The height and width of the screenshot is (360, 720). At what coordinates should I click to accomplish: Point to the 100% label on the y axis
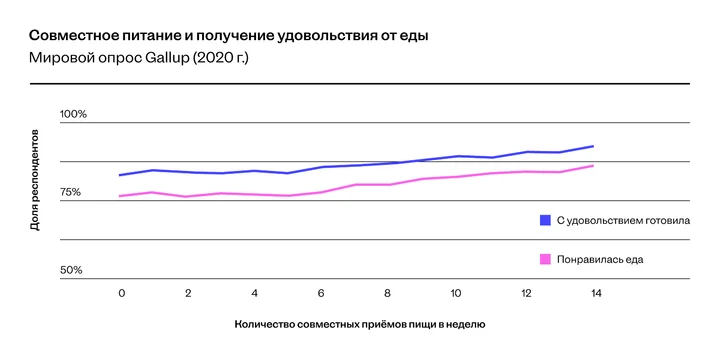point(74,114)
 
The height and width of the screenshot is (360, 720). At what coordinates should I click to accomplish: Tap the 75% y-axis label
point(71,192)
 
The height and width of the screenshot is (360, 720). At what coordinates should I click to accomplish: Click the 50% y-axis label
point(71,270)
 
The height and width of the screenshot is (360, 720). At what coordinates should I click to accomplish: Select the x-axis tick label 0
point(121,293)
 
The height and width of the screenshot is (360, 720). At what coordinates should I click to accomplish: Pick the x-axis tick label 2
point(188,293)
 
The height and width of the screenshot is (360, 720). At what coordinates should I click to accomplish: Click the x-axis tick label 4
point(255,293)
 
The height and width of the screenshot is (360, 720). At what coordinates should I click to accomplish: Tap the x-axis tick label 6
point(321,293)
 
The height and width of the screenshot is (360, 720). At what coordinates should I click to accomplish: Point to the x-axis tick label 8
point(388,293)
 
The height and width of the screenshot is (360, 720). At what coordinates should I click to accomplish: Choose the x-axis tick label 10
point(455,293)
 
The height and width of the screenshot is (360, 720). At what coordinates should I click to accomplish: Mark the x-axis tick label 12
point(527,293)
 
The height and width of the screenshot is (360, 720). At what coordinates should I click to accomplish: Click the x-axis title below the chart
point(360,324)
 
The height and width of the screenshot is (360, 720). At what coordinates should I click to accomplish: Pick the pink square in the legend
point(545,258)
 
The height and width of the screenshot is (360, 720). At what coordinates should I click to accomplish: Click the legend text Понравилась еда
point(599,258)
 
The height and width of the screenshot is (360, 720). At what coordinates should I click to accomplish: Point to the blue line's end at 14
point(594,146)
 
